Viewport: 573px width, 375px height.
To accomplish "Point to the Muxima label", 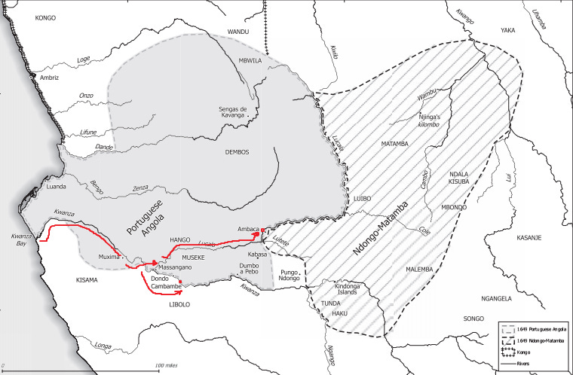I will point(110,257).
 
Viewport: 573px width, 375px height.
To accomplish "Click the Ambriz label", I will point(49,77).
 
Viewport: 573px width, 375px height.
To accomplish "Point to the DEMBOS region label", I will point(236,152).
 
